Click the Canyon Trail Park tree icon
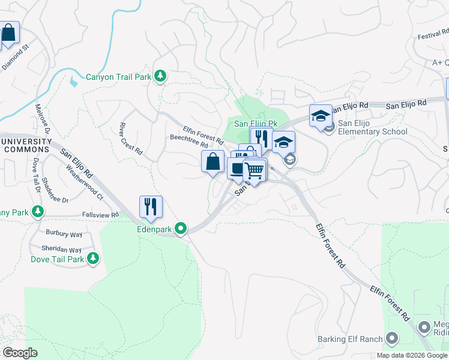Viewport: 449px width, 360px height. (160, 76)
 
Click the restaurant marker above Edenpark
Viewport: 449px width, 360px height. (151, 207)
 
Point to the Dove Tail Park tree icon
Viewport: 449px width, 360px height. (92, 258)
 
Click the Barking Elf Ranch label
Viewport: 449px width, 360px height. (350, 339)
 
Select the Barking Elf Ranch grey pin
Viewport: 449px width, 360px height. (393, 339)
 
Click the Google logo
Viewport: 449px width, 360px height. (20, 352)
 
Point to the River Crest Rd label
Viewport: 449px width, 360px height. (130, 139)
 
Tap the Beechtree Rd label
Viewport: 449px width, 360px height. (188, 142)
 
